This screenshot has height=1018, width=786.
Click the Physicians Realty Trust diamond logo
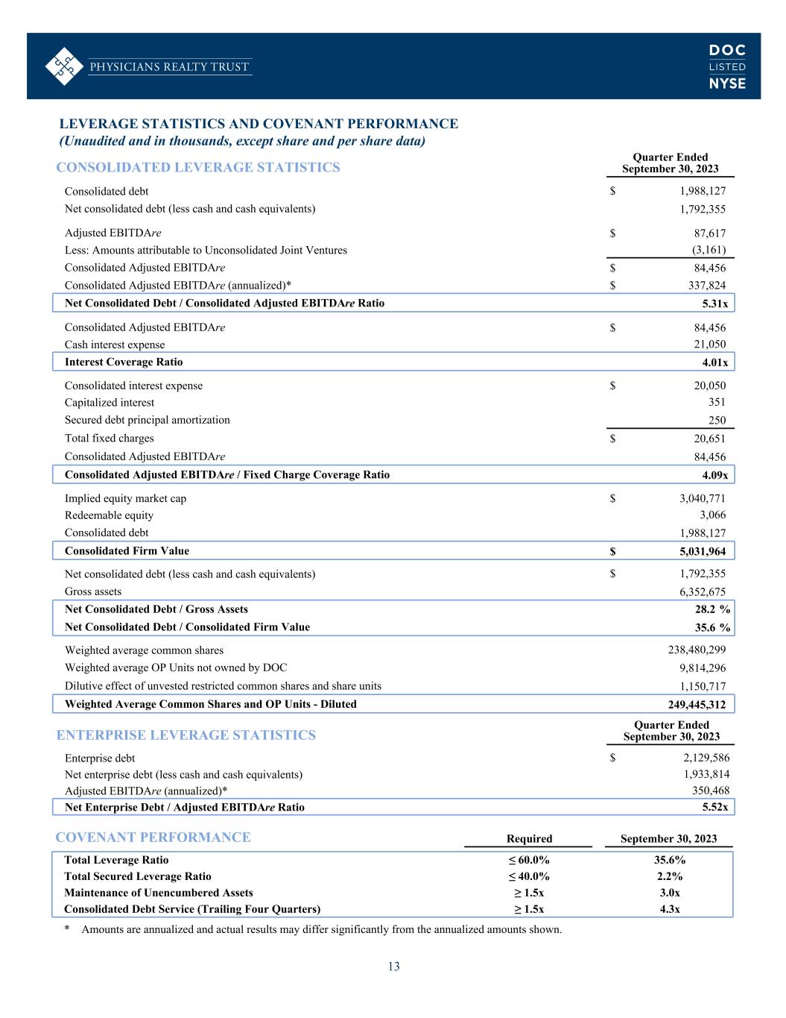(63, 66)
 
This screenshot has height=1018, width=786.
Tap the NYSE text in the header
(727, 84)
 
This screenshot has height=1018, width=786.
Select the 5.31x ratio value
(714, 304)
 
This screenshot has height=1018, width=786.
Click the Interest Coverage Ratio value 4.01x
(714, 363)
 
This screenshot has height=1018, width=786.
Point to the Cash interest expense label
(115, 345)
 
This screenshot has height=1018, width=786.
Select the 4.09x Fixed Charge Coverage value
(714, 475)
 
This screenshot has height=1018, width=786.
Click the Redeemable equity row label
(109, 515)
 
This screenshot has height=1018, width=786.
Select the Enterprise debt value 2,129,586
(702, 758)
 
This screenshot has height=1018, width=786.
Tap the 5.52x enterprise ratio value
(714, 807)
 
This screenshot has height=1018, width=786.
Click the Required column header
(529, 838)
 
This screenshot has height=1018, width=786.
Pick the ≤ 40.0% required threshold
(528, 876)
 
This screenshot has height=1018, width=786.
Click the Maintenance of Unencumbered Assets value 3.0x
(669, 893)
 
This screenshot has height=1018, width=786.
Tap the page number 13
(393, 967)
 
